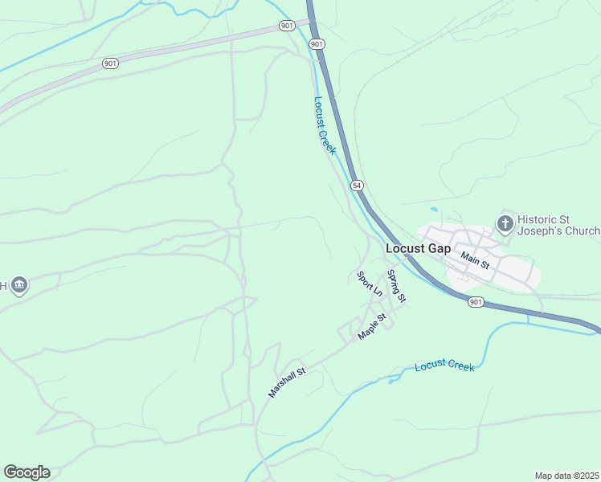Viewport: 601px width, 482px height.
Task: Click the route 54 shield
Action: [358, 186]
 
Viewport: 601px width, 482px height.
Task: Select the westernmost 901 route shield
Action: [111, 63]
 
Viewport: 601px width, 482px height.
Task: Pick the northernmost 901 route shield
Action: [288, 26]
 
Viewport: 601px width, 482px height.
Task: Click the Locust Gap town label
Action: [418, 248]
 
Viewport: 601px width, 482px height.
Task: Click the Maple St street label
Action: [373, 326]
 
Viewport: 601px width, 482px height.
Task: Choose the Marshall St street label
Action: [288, 383]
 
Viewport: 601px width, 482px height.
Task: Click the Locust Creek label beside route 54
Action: [325, 125]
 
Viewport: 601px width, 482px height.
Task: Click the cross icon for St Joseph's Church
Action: [505, 224]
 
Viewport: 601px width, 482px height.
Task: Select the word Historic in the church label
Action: [538, 219]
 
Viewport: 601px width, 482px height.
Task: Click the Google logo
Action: [27, 472]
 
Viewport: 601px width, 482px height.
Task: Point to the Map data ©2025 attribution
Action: [566, 476]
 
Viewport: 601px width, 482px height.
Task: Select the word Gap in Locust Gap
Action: [438, 248]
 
